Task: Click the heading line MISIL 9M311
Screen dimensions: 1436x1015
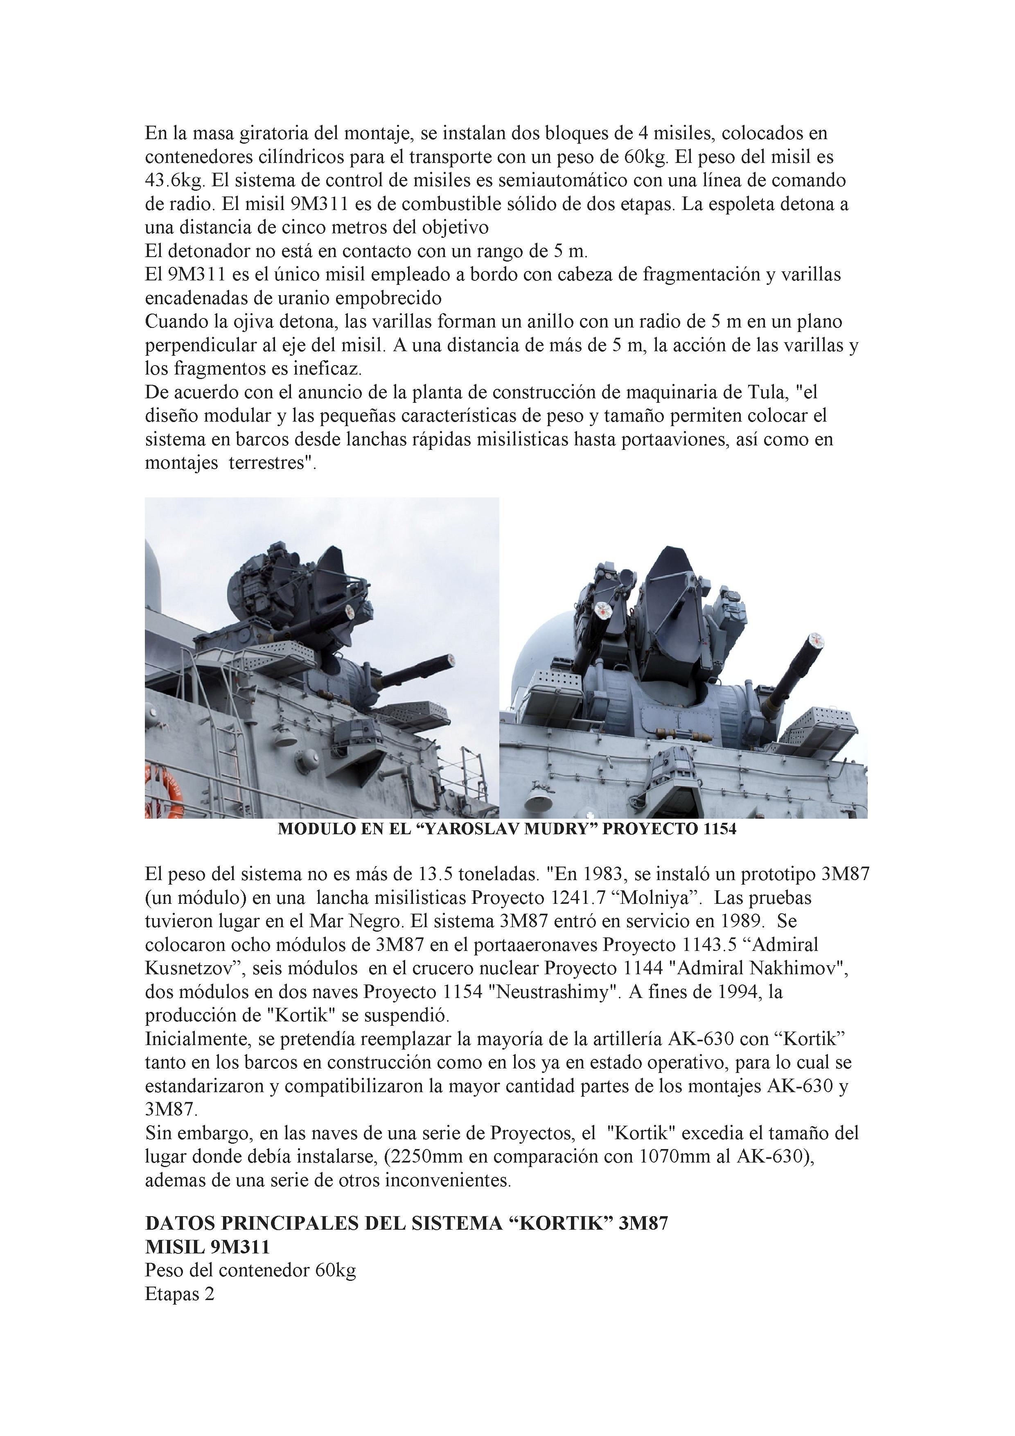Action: tap(207, 1264)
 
